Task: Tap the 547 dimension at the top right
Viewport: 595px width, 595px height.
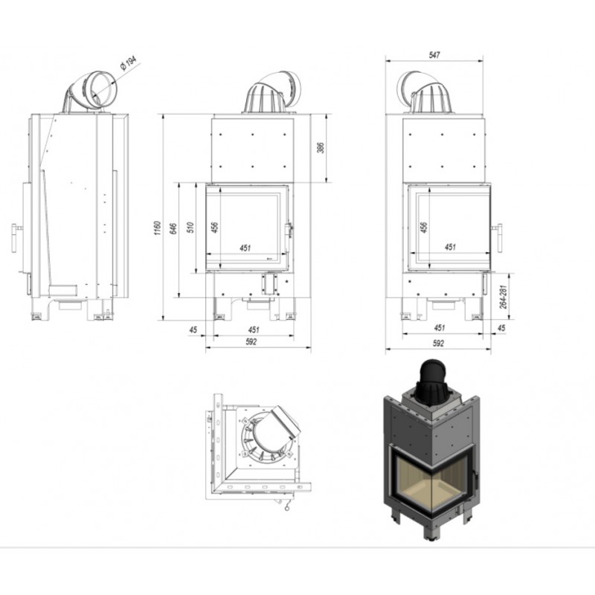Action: point(434,55)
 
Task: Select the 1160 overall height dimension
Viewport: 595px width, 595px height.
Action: point(158,228)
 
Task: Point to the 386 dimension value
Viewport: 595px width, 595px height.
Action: point(321,147)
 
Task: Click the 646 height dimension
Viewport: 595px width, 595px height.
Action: point(173,228)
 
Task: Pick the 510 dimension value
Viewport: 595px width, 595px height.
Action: point(191,227)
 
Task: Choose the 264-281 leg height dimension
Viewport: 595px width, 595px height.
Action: point(503,296)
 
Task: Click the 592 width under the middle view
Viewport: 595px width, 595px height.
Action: point(251,341)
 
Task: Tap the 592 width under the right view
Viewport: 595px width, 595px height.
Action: point(438,343)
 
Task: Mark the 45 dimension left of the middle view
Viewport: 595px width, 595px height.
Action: point(193,329)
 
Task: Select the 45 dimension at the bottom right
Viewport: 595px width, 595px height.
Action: point(501,328)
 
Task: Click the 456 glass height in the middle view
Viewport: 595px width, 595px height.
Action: point(215,227)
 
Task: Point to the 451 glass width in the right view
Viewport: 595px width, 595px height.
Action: point(450,247)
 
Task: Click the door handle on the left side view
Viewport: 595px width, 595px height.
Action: point(16,238)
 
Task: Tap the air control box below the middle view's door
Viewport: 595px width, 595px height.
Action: point(270,283)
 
